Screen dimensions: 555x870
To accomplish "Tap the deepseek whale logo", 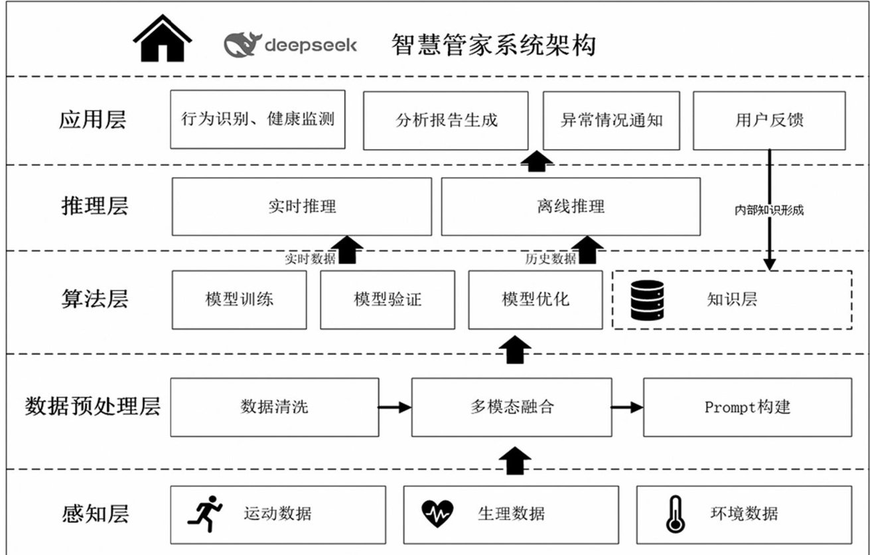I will click(x=242, y=46).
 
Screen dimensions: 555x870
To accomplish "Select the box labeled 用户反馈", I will click(x=769, y=120).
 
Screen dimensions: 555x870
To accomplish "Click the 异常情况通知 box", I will click(x=611, y=120).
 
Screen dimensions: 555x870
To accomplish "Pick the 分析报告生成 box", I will click(x=445, y=120).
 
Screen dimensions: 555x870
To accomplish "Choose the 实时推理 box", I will click(x=301, y=206).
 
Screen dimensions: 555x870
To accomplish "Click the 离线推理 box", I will click(x=570, y=206).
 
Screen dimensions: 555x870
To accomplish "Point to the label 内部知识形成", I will click(x=769, y=211).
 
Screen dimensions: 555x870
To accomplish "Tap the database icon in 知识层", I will click(x=647, y=300).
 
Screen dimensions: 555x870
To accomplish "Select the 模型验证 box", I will click(x=388, y=299).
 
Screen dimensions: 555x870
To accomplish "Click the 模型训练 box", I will click(x=239, y=299).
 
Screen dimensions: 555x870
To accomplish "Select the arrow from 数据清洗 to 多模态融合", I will click(x=395, y=407).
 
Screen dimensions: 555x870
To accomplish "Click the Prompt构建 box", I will click(x=747, y=407).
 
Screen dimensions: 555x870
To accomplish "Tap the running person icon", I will click(x=204, y=513).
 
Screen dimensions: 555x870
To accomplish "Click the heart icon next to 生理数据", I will click(x=438, y=513).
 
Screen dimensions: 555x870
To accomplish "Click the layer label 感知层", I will click(x=93, y=514).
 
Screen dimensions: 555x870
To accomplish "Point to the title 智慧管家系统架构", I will click(x=493, y=45).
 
